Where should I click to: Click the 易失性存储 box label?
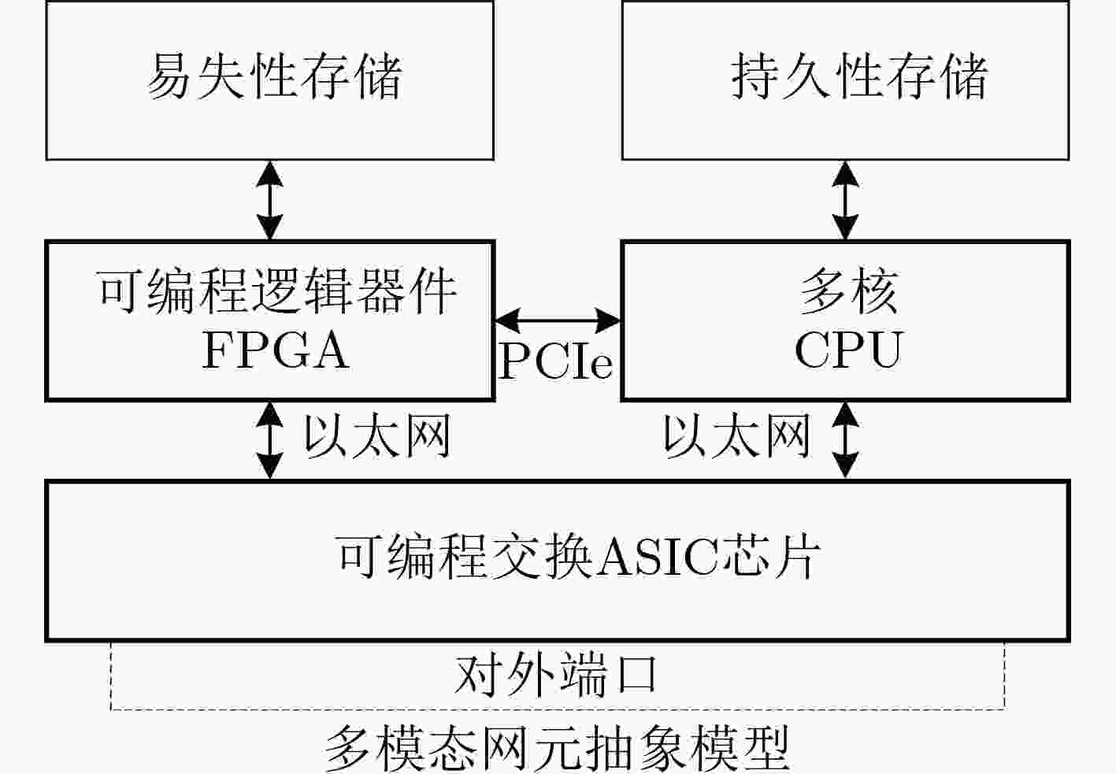[274, 76]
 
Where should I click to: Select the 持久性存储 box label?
[858, 76]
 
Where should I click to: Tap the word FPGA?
[276, 350]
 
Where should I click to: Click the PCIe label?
[556, 361]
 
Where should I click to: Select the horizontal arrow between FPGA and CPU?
[558, 320]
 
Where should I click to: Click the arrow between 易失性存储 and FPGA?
[270, 200]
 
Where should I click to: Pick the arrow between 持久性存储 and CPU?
[845, 200]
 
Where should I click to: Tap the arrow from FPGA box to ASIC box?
[270, 439]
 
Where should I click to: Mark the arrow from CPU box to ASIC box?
[845, 439]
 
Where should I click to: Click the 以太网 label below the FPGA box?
[376, 436]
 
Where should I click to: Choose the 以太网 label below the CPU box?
[736, 436]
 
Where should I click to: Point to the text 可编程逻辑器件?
[276, 291]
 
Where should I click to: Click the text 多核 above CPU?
[847, 291]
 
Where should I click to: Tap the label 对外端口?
[556, 676]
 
